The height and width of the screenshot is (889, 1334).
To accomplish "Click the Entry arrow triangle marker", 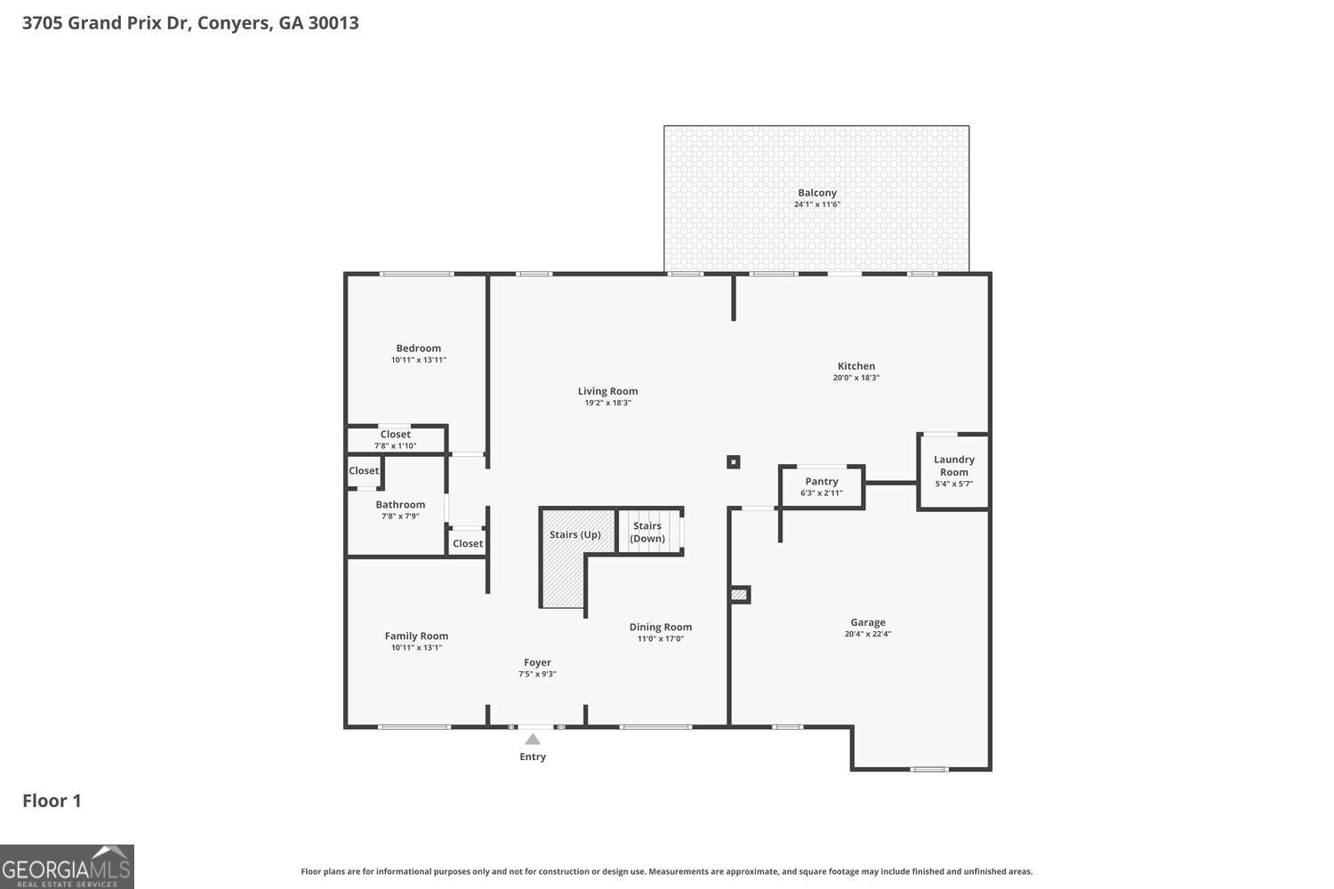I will [x=532, y=739].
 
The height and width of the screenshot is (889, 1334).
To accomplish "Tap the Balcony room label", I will [x=816, y=193].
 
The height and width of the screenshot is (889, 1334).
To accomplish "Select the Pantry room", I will [x=821, y=486].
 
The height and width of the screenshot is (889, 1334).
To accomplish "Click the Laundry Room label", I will [x=953, y=466].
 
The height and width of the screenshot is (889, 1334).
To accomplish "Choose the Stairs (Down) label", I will [x=647, y=532].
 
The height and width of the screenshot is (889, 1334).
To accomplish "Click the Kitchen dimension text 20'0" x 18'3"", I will [x=856, y=378].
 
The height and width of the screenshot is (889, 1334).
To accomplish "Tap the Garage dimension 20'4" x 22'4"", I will [x=867, y=634].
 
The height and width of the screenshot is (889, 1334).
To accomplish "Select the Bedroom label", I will [x=418, y=348].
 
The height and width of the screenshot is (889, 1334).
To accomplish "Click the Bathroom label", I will [x=400, y=505].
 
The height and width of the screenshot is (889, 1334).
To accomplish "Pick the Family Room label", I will [x=416, y=636].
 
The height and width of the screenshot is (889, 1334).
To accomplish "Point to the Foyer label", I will [x=537, y=662].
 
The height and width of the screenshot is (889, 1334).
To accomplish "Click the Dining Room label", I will [x=660, y=627].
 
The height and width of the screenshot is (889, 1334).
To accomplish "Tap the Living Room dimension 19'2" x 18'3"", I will [x=607, y=403].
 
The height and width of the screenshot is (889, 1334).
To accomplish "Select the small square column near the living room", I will [x=733, y=461].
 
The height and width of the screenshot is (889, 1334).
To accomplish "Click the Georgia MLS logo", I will [x=67, y=867].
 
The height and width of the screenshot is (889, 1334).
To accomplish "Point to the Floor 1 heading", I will [x=52, y=801].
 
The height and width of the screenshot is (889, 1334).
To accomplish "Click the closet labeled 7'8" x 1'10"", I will [x=396, y=440].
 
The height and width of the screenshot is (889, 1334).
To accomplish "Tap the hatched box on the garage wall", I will [x=739, y=594].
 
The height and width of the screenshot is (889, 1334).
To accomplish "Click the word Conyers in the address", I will [x=234, y=22].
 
